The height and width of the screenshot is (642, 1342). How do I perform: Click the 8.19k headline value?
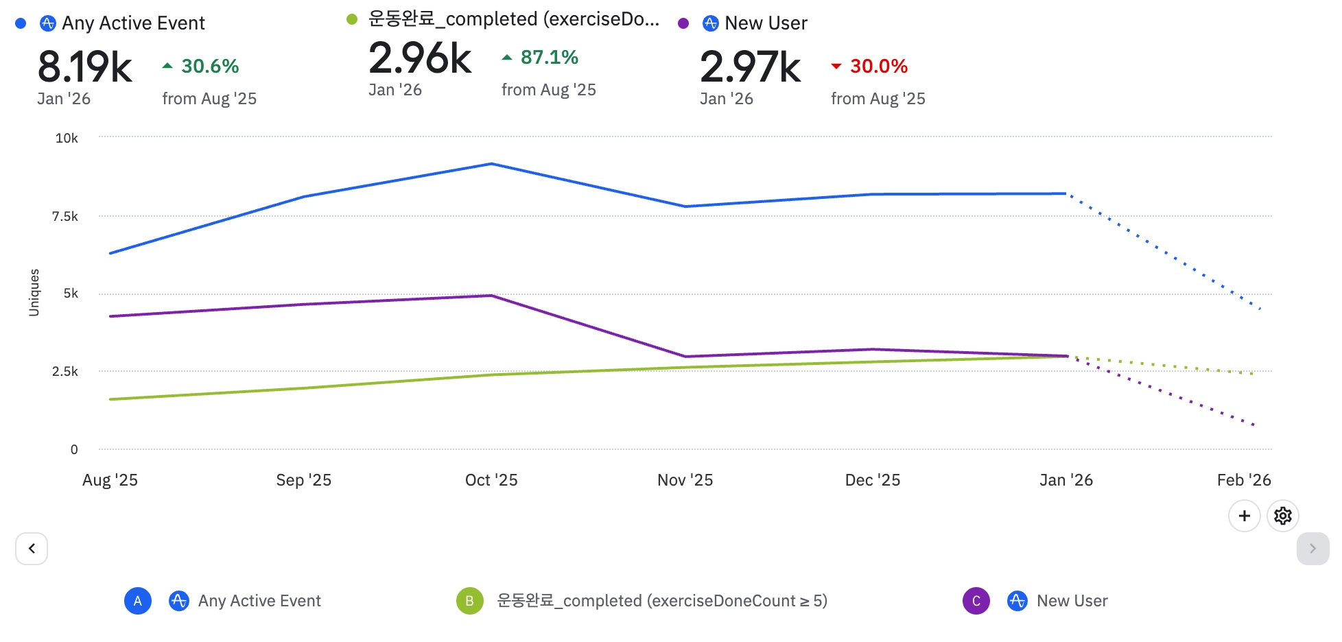(x=85, y=67)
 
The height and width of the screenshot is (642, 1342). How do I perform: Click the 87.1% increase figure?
(x=549, y=58)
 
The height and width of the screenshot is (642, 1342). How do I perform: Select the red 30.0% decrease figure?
(x=878, y=67)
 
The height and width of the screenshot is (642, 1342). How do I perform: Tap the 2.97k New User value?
(x=750, y=67)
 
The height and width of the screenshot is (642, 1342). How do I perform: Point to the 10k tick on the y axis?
(x=67, y=139)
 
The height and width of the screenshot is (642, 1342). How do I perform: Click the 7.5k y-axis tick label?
(x=65, y=217)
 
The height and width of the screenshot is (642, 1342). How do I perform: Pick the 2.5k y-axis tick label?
(x=65, y=372)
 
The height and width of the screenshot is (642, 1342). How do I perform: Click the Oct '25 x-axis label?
(x=491, y=480)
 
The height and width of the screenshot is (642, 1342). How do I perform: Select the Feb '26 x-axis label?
(x=1243, y=480)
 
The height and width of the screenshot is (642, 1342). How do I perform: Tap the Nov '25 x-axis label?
(x=685, y=480)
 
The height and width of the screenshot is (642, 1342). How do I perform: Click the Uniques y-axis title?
(x=34, y=293)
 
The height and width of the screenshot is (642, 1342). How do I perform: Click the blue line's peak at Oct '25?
(x=491, y=164)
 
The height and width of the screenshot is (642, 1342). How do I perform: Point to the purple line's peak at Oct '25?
(x=491, y=296)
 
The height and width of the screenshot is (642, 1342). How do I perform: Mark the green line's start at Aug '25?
(x=110, y=399)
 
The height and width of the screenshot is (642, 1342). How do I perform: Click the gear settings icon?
(x=1282, y=516)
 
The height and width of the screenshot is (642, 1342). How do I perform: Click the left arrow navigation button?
(x=32, y=549)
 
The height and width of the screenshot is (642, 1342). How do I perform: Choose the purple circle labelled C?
(x=976, y=601)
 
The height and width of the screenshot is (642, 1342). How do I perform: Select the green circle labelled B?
(x=469, y=601)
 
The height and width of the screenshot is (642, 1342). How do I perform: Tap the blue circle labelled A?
(x=137, y=601)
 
